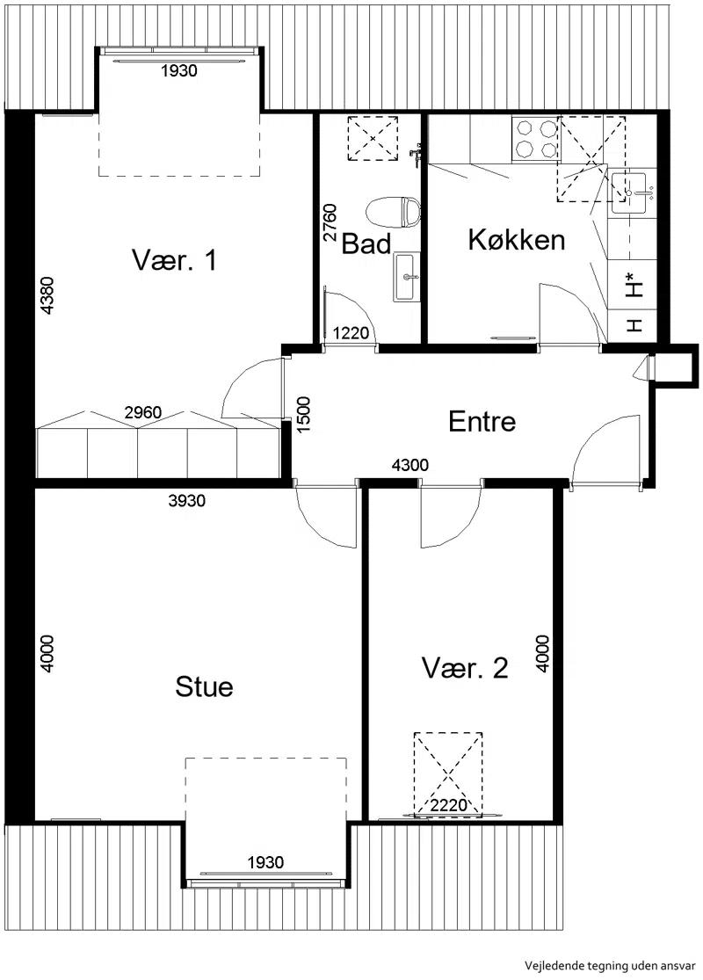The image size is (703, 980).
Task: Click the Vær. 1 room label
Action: tap(174, 260)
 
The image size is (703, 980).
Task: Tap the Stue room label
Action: tap(205, 686)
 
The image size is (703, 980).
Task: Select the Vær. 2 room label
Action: tap(465, 668)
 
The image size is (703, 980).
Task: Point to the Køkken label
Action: tap(517, 239)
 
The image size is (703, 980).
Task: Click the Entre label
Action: tap(482, 422)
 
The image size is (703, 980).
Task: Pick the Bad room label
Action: tap(366, 243)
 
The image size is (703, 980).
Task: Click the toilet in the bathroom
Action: tap(395, 213)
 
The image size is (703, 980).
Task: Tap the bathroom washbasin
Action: tap(406, 278)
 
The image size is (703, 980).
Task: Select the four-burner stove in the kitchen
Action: tap(535, 139)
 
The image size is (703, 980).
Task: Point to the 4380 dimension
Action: tap(47, 295)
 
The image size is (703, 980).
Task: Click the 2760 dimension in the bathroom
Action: tap(330, 222)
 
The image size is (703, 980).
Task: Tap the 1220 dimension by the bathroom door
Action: tap(351, 333)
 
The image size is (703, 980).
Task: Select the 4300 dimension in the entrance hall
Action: tap(409, 465)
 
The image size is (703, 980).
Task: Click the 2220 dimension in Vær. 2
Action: tap(449, 805)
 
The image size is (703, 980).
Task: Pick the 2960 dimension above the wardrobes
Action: tap(143, 412)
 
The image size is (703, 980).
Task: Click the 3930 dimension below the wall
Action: tap(187, 501)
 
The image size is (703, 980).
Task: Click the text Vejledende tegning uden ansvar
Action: tap(609, 966)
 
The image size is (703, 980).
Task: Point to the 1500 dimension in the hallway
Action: tap(304, 415)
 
